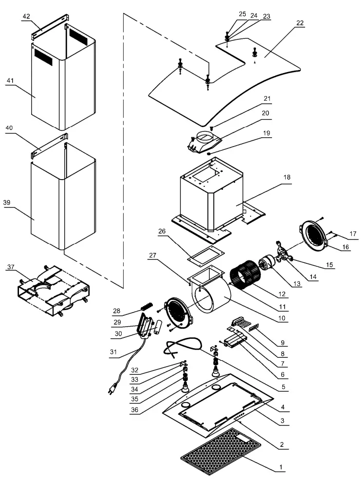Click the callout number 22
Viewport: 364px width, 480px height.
click(x=299, y=23)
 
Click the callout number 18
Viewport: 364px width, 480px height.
click(x=287, y=178)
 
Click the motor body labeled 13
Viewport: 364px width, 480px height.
click(x=266, y=267)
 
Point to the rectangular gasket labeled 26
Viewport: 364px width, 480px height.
click(x=204, y=254)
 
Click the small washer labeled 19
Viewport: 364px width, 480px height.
click(x=208, y=153)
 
